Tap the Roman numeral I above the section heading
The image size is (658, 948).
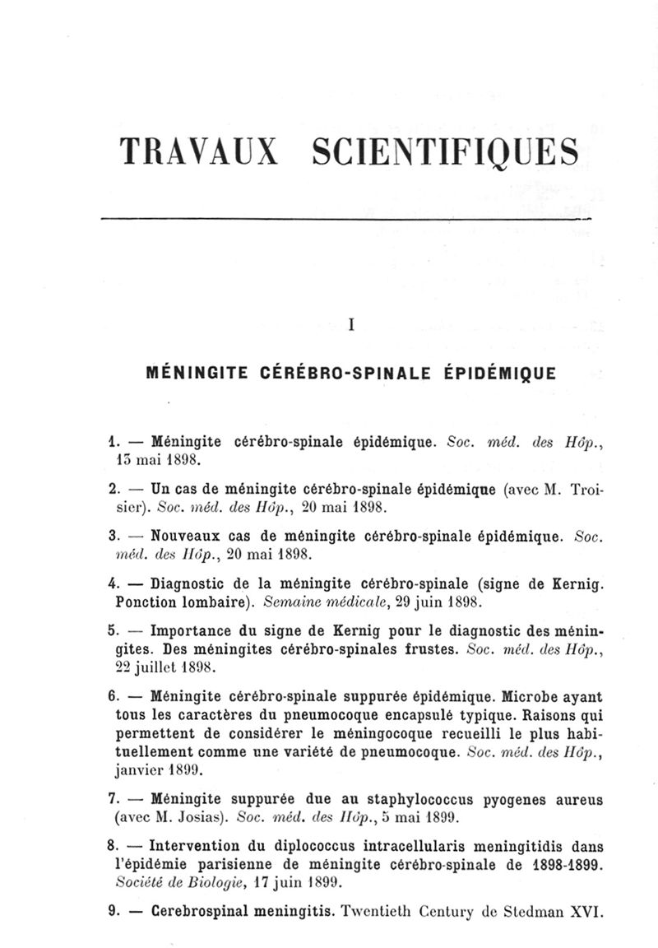click(x=351, y=324)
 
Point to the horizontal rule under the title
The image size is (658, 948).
click(x=345, y=220)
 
